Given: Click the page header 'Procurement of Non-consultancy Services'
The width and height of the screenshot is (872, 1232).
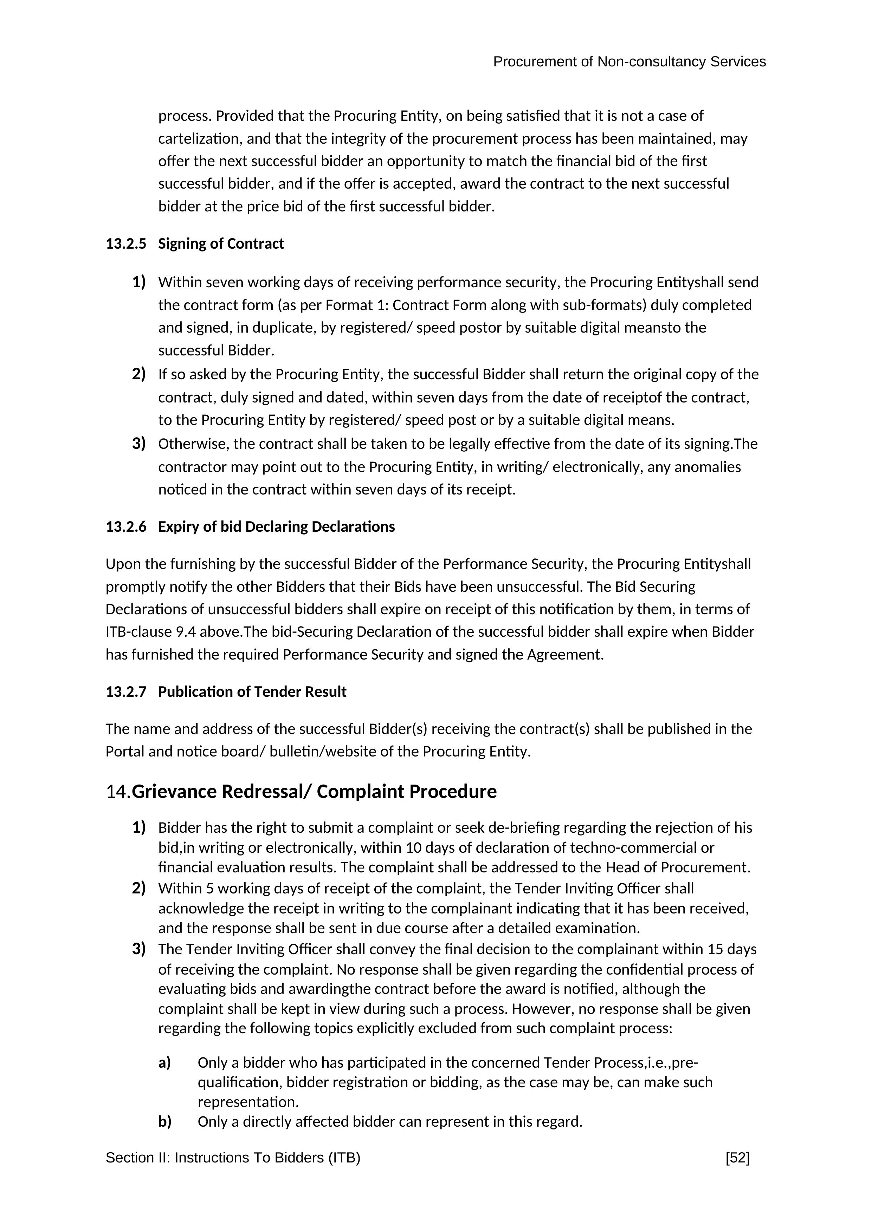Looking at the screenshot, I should tap(629, 62).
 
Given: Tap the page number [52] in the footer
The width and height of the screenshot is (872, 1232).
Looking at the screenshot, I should tap(737, 1158).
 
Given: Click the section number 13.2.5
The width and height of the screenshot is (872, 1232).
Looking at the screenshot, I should tap(125, 244).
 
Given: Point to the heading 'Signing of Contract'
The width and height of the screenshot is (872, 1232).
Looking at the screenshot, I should tap(221, 244).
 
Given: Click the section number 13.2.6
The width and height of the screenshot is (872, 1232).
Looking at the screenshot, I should tap(125, 527).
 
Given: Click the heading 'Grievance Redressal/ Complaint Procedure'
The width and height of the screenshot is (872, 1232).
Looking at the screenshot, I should tap(314, 792).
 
